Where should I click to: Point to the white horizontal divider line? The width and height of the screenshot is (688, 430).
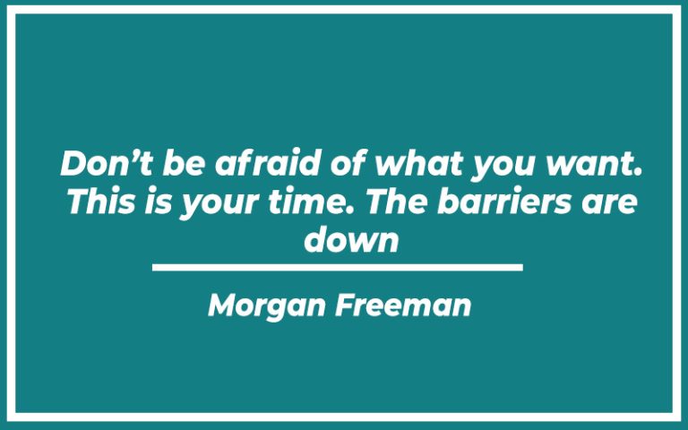tap(337, 267)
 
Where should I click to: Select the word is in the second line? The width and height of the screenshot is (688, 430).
tap(161, 202)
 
